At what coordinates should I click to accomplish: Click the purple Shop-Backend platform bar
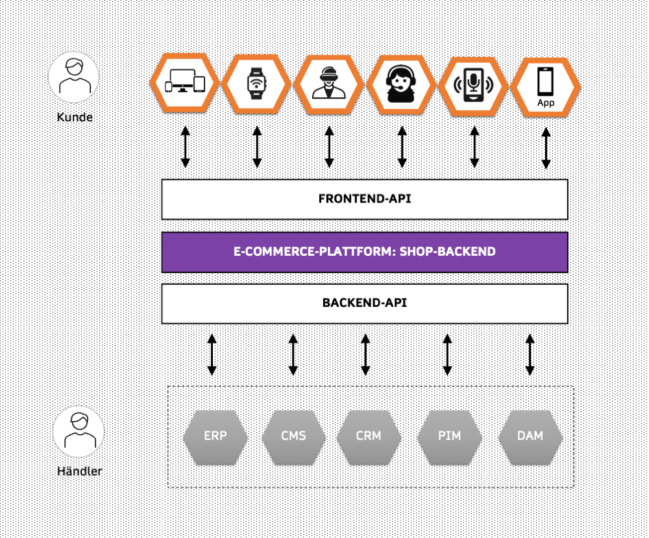(x=365, y=252)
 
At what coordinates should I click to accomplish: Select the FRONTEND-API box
(x=365, y=199)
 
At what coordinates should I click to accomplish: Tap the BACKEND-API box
(x=365, y=303)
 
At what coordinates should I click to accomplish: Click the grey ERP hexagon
(x=215, y=435)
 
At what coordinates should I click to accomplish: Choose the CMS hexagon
(x=293, y=435)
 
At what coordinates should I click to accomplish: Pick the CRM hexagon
(x=369, y=435)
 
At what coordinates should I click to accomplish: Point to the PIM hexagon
(x=449, y=435)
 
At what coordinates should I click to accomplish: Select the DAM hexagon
(x=530, y=435)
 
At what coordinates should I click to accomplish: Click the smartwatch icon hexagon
(x=256, y=84)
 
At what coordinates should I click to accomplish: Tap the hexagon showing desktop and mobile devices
(x=185, y=84)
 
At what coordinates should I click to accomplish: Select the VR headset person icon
(x=328, y=84)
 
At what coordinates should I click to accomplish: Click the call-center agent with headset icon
(x=401, y=84)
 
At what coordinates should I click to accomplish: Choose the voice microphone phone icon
(x=473, y=84)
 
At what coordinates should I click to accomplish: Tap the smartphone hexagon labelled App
(x=545, y=84)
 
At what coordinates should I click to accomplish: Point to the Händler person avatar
(x=79, y=431)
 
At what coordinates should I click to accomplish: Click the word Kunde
(x=75, y=117)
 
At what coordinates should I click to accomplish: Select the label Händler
(x=79, y=471)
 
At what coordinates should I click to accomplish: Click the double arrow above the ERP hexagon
(x=212, y=355)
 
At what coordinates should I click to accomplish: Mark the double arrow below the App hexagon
(x=546, y=148)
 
